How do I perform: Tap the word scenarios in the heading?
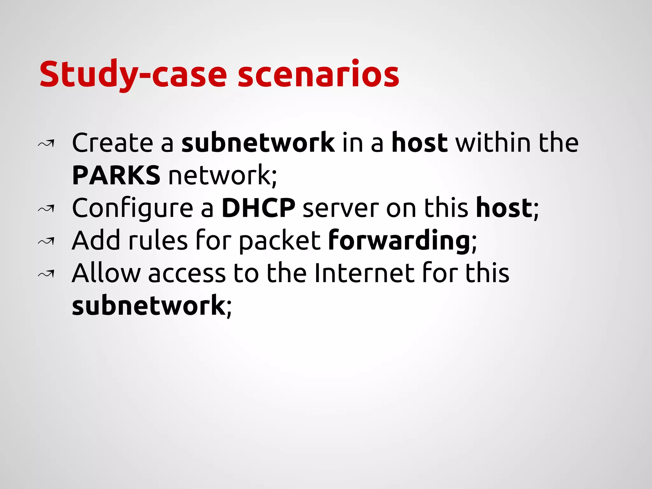click(318, 74)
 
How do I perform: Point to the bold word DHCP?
click(259, 208)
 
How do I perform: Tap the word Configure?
click(132, 209)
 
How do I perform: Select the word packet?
click(280, 241)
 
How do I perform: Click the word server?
click(341, 209)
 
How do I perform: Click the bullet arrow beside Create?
click(46, 144)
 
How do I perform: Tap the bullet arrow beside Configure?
click(46, 209)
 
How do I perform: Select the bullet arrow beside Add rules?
click(46, 242)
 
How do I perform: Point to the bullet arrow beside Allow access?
click(46, 274)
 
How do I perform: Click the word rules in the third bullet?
click(158, 241)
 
